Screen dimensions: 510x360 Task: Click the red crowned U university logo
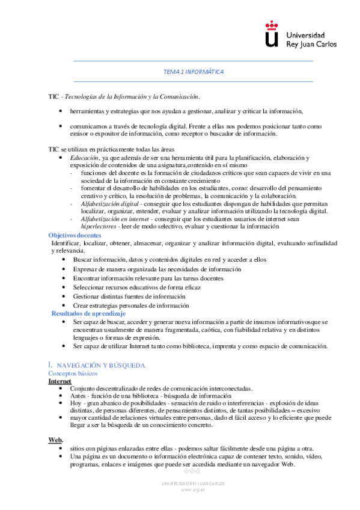pyautogui.click(x=272, y=34)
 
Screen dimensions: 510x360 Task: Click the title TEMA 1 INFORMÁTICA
pyautogui.click(x=194, y=72)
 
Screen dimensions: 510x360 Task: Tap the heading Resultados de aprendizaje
pyautogui.click(x=88, y=313)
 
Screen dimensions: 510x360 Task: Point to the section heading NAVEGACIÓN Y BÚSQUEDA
pyautogui.click(x=100, y=365)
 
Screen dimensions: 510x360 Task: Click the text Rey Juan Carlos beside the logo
pyautogui.click(x=311, y=45)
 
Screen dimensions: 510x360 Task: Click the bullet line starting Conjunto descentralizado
pyautogui.click(x=160, y=389)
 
